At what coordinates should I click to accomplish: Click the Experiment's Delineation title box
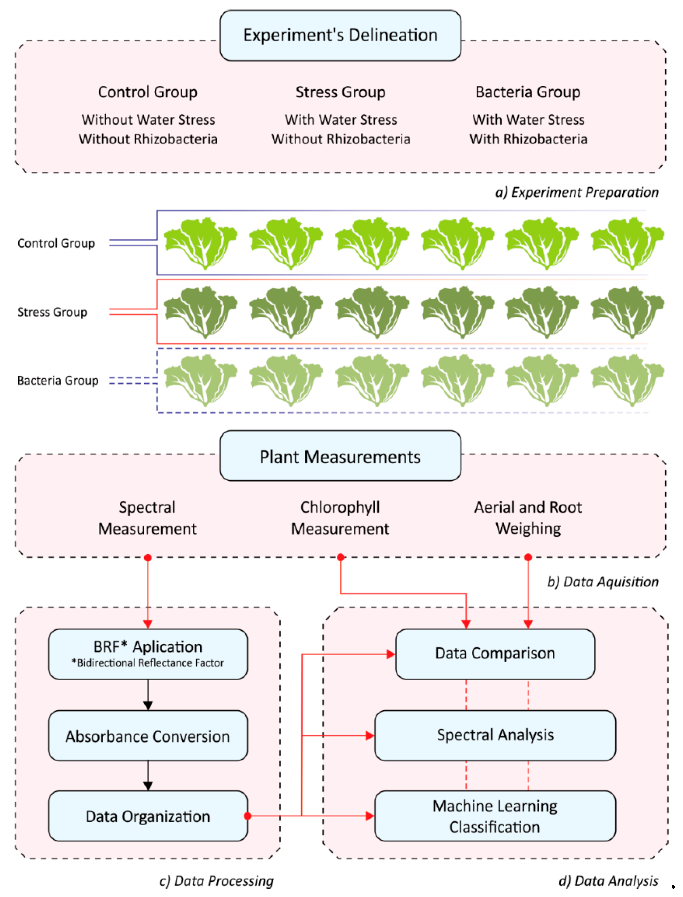(x=340, y=35)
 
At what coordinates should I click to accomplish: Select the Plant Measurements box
(x=340, y=456)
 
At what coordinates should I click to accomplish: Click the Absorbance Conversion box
(x=148, y=736)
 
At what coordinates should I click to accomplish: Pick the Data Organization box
(x=148, y=816)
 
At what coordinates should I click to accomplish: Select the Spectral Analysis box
(x=495, y=735)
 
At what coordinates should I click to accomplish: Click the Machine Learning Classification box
(x=495, y=816)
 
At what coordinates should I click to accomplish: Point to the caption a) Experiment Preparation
(x=577, y=192)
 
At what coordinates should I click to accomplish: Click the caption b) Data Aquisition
(x=602, y=582)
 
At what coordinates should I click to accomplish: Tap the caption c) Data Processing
(x=216, y=881)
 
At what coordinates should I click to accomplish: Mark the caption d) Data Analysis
(x=608, y=881)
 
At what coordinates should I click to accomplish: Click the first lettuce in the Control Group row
(x=200, y=243)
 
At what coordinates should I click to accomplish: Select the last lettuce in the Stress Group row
(x=627, y=312)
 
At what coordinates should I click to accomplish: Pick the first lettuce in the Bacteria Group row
(x=200, y=380)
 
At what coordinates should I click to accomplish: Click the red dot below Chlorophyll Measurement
(x=341, y=557)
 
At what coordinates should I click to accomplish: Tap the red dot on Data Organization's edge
(x=247, y=816)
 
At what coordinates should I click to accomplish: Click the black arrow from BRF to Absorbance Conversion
(x=148, y=695)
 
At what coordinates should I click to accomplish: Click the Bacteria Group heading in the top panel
(x=528, y=92)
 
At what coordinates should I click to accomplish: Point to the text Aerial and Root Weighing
(x=528, y=518)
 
